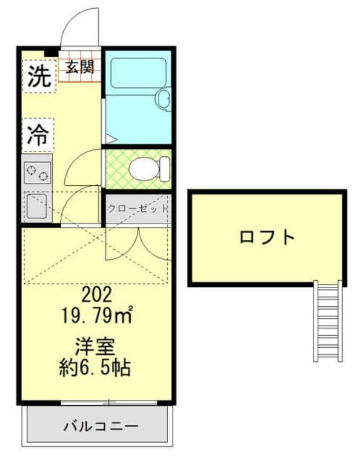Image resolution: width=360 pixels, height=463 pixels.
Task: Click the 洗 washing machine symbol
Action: (39, 76)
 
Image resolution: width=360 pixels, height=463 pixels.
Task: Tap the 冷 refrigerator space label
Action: (38, 135)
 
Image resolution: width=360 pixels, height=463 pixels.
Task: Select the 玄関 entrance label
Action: (80, 67)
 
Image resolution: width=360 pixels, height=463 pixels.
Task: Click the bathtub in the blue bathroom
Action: (138, 73)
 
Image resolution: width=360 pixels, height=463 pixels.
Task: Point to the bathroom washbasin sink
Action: (163, 99)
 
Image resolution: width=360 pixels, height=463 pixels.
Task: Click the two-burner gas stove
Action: (37, 172)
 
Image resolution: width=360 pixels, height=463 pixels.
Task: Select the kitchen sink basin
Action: (36, 206)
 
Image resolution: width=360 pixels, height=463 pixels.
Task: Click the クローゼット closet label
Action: (138, 209)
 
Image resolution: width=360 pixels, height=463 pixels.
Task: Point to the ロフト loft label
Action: (267, 237)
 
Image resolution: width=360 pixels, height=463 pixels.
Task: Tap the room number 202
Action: (97, 295)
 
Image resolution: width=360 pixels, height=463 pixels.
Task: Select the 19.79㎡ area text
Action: (97, 315)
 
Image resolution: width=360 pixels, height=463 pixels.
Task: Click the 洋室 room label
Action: (94, 347)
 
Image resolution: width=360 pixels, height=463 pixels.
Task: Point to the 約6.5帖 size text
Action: (94, 368)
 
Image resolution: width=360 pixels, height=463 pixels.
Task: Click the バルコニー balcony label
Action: (101, 426)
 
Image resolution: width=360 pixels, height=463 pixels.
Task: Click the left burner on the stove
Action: (31, 170)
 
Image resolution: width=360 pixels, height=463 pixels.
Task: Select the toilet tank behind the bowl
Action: (165, 169)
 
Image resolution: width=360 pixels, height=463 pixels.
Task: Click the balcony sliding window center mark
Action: (109, 402)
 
